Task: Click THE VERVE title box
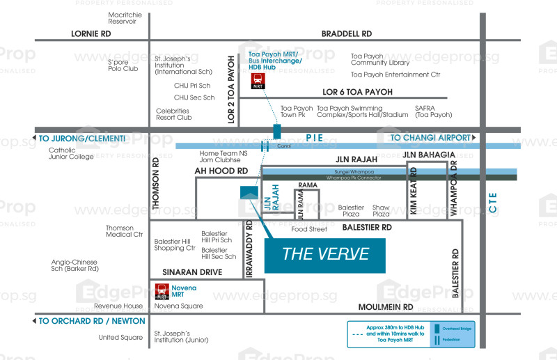point(325,254)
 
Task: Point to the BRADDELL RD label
point(346,33)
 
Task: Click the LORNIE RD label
point(92,33)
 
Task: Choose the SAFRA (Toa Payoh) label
point(434,111)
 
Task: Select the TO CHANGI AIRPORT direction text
point(430,138)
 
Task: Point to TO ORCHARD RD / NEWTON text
point(92,321)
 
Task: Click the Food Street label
point(309,229)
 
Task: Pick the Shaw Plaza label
point(381,210)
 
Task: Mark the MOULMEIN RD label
point(386,306)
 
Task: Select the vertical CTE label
point(492,205)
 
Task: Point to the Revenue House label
point(118,306)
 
